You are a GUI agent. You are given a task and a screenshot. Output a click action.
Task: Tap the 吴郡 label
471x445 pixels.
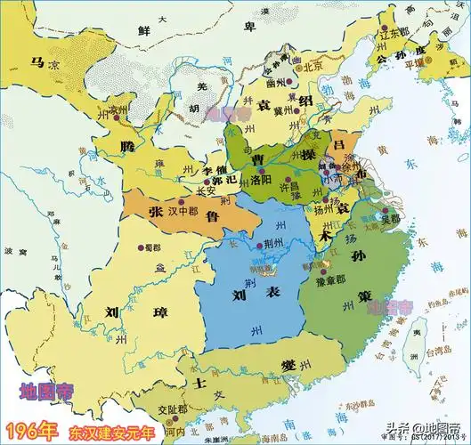click(389, 217)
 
